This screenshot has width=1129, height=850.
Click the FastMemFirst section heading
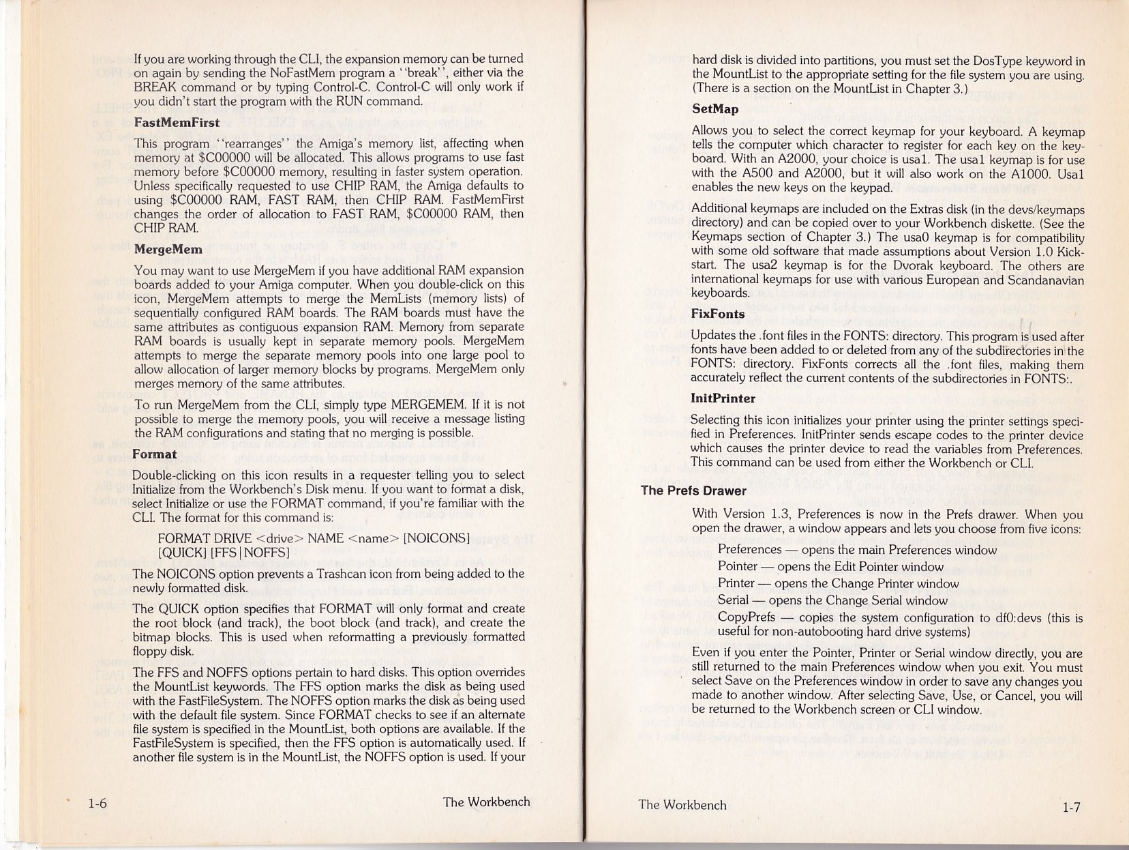click(x=177, y=123)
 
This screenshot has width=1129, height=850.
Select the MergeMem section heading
click(x=168, y=250)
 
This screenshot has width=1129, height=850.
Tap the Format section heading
click(x=154, y=454)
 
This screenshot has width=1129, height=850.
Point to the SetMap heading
click(x=715, y=109)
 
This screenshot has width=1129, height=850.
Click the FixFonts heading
click(x=717, y=314)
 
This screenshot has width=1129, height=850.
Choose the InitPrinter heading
click(x=723, y=398)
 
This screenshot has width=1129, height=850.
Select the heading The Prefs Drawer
click(x=693, y=491)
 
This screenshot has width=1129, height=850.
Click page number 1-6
click(x=97, y=804)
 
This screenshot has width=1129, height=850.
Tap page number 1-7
click(x=1071, y=808)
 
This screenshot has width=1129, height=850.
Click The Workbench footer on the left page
click(x=486, y=802)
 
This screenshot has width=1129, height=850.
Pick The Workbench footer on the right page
click(x=682, y=805)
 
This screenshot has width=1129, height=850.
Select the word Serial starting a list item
click(x=733, y=601)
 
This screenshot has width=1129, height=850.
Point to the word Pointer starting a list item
click(x=738, y=567)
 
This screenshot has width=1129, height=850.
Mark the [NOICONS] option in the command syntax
click(x=436, y=538)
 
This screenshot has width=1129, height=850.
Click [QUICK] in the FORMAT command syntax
click(x=182, y=553)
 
